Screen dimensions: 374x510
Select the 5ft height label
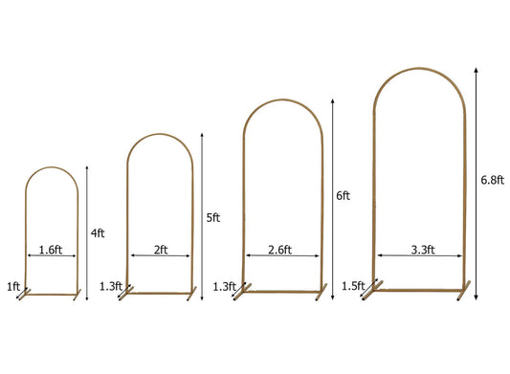tap(213, 217)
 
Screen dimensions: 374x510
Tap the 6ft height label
tap(344, 195)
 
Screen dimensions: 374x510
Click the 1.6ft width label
tap(51, 250)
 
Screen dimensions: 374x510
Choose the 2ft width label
tap(160, 250)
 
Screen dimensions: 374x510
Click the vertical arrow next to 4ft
tap(86, 231)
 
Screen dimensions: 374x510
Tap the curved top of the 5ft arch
tap(160, 136)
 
